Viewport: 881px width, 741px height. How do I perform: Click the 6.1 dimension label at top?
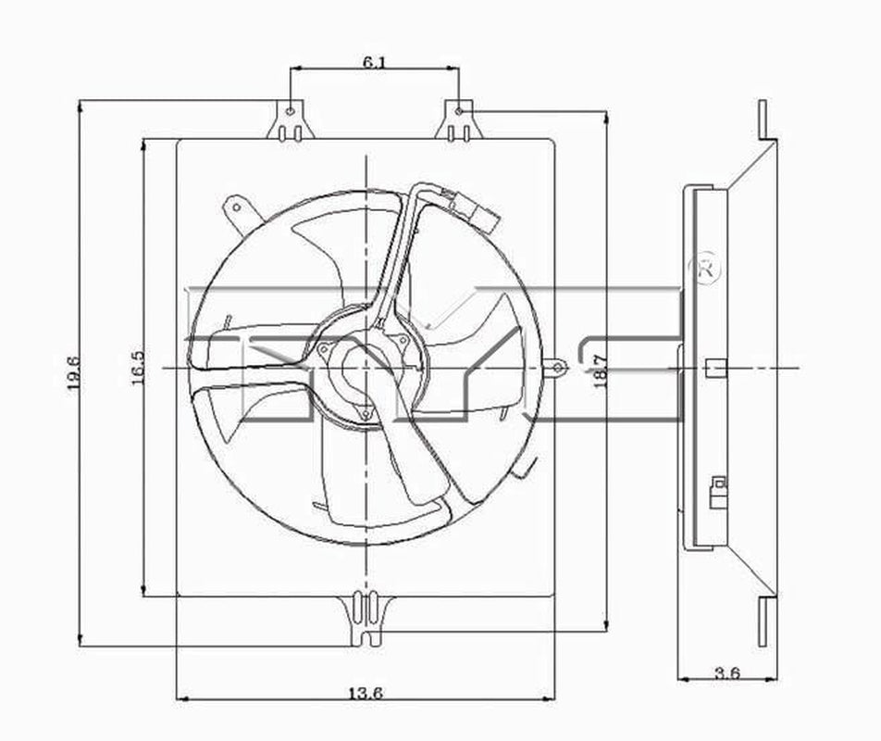pos(375,62)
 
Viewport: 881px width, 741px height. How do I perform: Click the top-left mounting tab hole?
pos(291,111)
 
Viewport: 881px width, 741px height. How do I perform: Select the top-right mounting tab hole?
pos(459,111)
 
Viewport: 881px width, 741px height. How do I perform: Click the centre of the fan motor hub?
pos(364,365)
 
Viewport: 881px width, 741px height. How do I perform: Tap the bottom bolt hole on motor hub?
pos(366,413)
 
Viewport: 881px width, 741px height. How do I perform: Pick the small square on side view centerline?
pos(712,369)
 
